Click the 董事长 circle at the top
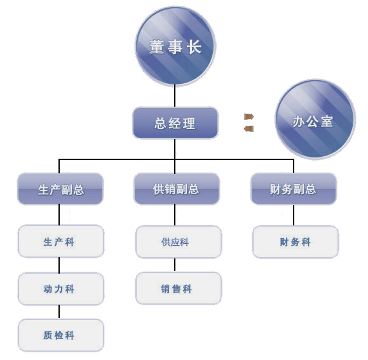click(175, 46)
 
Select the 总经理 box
click(175, 123)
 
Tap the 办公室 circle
click(315, 119)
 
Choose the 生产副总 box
click(60, 189)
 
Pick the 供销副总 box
click(177, 189)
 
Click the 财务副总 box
click(294, 189)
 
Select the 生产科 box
click(61, 241)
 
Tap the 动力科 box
click(61, 288)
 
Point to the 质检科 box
click(61, 335)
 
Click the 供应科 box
click(178, 242)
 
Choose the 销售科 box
click(178, 288)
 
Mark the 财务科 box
click(296, 242)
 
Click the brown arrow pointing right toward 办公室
click(249, 116)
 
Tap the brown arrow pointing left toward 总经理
click(249, 129)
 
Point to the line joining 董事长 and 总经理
click(175, 96)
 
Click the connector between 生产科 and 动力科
click(59, 265)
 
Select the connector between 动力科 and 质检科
click(59, 312)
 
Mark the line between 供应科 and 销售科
click(175, 265)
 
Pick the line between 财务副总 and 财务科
click(294, 215)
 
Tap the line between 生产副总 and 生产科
click(59, 215)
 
